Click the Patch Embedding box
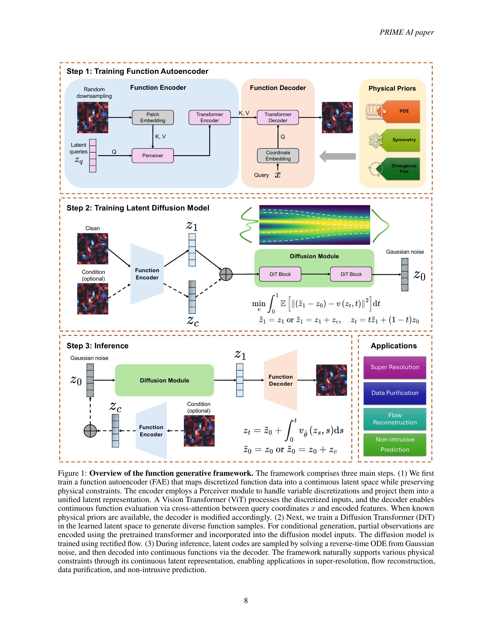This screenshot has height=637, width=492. pyautogui.click(x=153, y=117)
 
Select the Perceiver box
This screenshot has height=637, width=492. pyautogui.click(x=153, y=155)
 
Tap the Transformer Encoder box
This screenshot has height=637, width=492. pyautogui.click(x=210, y=117)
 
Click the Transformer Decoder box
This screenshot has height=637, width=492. pyautogui.click(x=278, y=117)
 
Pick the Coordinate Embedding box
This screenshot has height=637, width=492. pyautogui.click(x=278, y=155)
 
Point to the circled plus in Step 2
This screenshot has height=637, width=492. pyautogui.click(x=226, y=274)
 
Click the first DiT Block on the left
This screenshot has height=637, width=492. pyautogui.click(x=280, y=274)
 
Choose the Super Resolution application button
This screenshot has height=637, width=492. pyautogui.click(x=395, y=367)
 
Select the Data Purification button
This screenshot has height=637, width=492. pyautogui.click(x=395, y=393)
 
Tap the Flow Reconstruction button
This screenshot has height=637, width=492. pyautogui.click(x=395, y=419)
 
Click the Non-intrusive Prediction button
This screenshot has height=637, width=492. pyautogui.click(x=395, y=444)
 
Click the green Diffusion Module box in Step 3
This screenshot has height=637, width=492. pyautogui.click(x=164, y=380)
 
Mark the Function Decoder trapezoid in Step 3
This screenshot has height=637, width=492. pyautogui.click(x=280, y=380)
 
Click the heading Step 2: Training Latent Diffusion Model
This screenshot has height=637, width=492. pyautogui.click(x=138, y=208)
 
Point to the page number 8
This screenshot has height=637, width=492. pyautogui.click(x=246, y=600)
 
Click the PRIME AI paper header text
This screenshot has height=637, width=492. pyautogui.click(x=406, y=32)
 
